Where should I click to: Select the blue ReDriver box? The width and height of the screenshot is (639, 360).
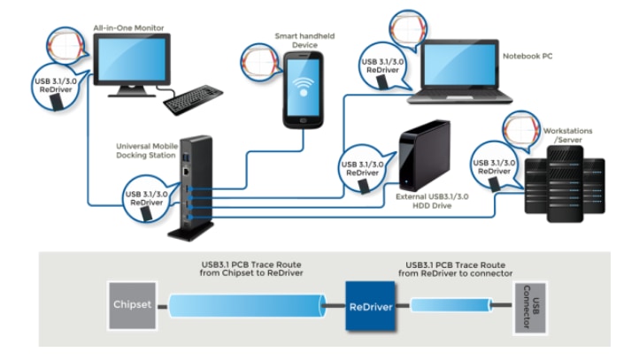[369, 305]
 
